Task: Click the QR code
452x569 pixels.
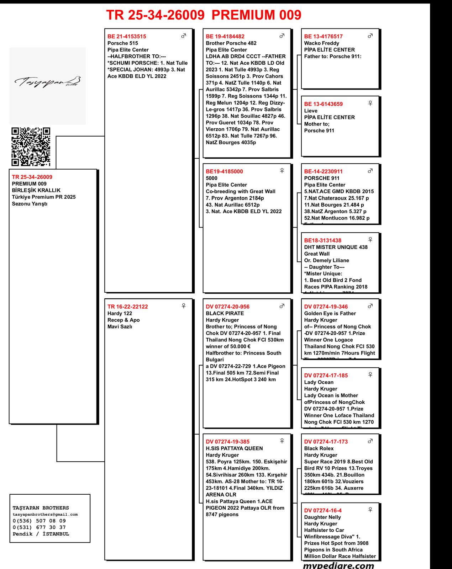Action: point(31,147)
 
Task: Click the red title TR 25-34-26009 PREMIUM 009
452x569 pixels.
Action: point(204,15)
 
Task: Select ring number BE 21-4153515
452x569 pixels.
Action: point(127,36)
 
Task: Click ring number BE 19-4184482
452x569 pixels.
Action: point(225,36)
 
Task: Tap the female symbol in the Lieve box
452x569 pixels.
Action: point(370,103)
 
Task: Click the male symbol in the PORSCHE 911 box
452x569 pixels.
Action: point(370,171)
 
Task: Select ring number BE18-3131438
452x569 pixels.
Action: point(322,240)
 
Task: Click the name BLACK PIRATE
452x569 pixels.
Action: point(225,313)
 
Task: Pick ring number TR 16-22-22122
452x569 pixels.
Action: point(127,307)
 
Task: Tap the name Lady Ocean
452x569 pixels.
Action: point(319,382)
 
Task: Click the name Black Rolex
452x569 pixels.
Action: point(319,448)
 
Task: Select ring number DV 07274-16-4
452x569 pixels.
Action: point(323,510)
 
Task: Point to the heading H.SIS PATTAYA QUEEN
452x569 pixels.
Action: point(234,448)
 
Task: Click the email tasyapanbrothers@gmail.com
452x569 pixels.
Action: point(45,514)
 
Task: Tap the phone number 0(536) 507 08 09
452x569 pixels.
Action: point(39,521)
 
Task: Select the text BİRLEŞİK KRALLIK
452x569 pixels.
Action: point(36,190)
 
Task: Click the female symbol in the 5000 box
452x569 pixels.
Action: point(282,171)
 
